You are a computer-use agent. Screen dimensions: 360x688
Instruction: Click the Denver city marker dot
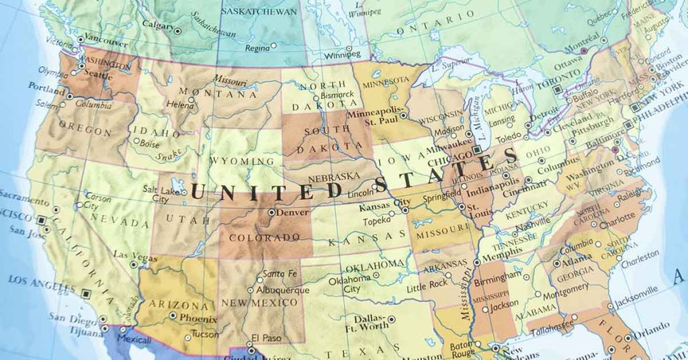click(271, 212)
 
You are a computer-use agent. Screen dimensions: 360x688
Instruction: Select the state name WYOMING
click(242, 161)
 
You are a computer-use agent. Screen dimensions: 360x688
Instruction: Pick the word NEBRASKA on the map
click(333, 177)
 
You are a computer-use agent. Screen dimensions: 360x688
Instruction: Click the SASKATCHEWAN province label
click(259, 12)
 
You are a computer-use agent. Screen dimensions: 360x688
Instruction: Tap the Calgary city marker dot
click(177, 31)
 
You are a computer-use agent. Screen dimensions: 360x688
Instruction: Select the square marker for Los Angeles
click(86, 293)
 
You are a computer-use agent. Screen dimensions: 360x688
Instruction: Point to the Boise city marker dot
click(136, 141)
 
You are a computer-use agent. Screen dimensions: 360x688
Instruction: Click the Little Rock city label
click(427, 286)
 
